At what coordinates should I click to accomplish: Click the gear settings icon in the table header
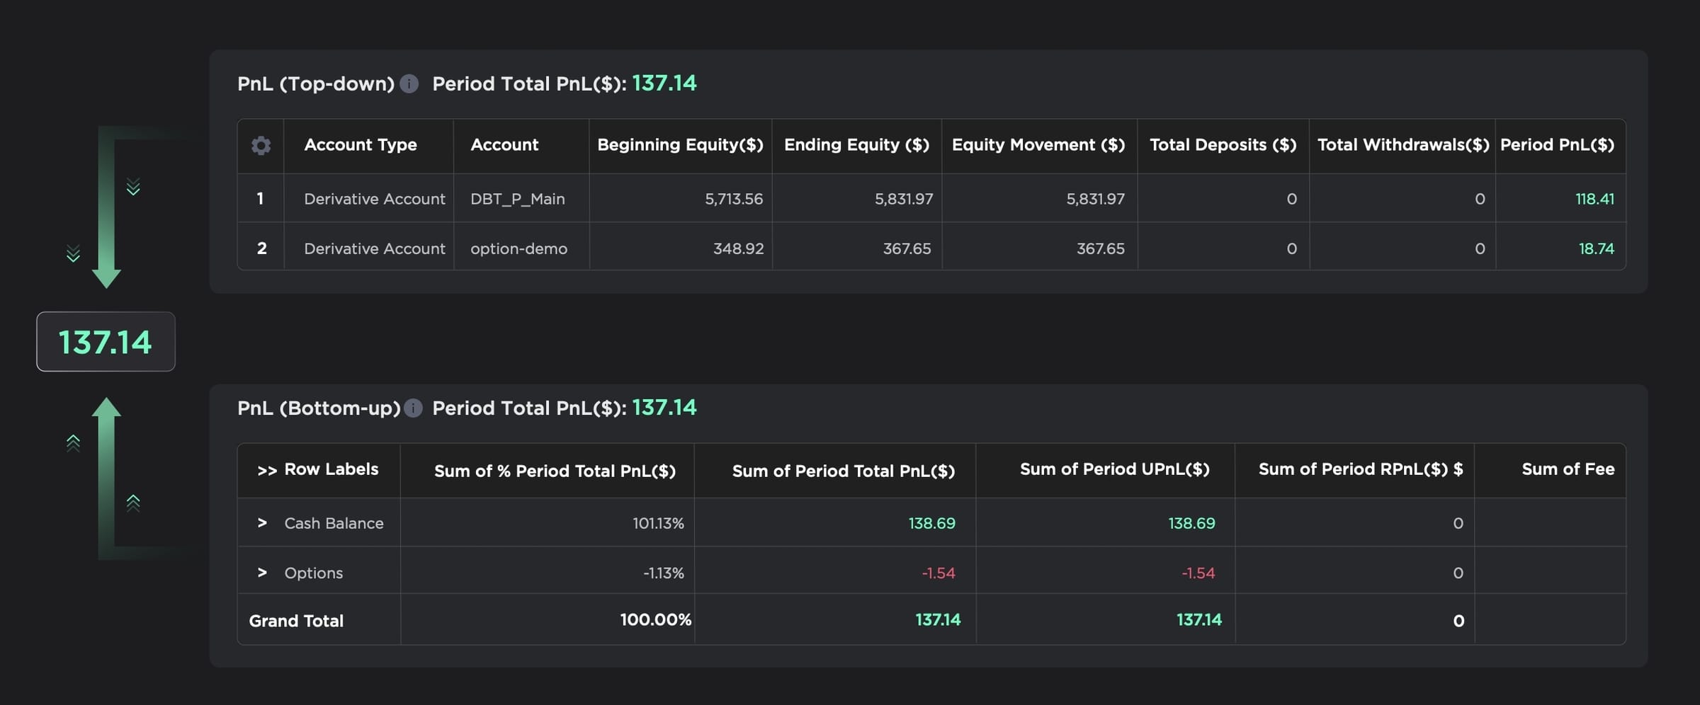pyautogui.click(x=261, y=146)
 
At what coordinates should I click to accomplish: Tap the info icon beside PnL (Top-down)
pyautogui.click(x=409, y=84)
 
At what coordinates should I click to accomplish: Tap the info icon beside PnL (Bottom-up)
pyautogui.click(x=413, y=408)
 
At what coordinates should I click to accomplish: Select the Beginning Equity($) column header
pyautogui.click(x=680, y=145)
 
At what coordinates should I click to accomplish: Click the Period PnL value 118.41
pyautogui.click(x=1594, y=199)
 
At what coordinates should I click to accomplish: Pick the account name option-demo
pyautogui.click(x=518, y=248)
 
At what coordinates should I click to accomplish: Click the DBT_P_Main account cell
pyautogui.click(x=517, y=199)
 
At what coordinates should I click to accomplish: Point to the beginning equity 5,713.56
pyautogui.click(x=733, y=199)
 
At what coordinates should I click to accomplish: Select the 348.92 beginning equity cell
pyautogui.click(x=738, y=248)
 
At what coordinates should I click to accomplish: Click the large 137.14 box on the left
pyautogui.click(x=106, y=342)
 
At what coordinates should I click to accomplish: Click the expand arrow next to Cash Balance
pyautogui.click(x=262, y=523)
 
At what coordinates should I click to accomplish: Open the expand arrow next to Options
pyautogui.click(x=262, y=573)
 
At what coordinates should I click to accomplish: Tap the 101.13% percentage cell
pyautogui.click(x=658, y=523)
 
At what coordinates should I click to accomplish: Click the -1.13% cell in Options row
pyautogui.click(x=663, y=573)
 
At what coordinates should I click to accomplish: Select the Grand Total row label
pyautogui.click(x=296, y=621)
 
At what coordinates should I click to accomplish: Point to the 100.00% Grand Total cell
pyautogui.click(x=655, y=620)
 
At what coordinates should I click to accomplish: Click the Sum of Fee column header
pyautogui.click(x=1568, y=469)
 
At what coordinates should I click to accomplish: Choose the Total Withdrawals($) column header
pyautogui.click(x=1402, y=145)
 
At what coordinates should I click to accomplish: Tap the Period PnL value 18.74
pyautogui.click(x=1596, y=248)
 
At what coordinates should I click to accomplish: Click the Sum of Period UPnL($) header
pyautogui.click(x=1114, y=469)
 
